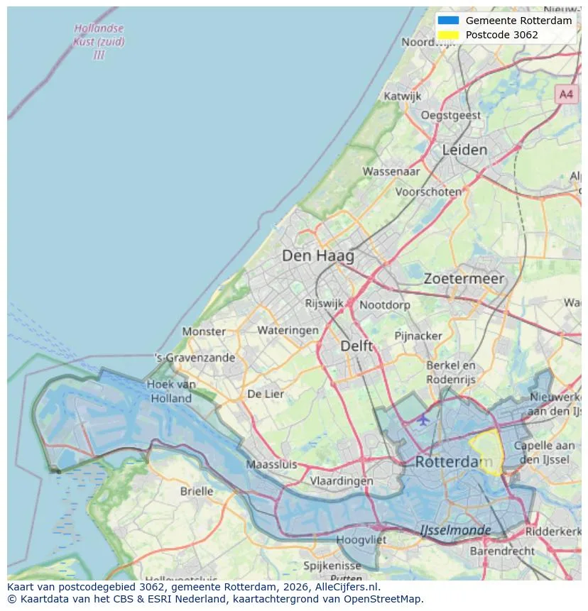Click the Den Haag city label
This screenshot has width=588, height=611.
(x=317, y=255)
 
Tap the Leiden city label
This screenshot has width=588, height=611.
(x=464, y=150)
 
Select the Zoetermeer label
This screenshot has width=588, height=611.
(x=464, y=279)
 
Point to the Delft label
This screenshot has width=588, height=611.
(x=356, y=346)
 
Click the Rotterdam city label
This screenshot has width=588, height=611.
(x=452, y=462)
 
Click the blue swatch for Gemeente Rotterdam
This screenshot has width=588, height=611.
(x=449, y=21)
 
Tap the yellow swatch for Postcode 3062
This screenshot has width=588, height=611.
(x=449, y=35)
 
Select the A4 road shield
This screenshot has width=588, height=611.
(x=566, y=94)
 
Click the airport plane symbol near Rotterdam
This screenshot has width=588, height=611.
(x=423, y=419)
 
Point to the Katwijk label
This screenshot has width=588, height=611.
(x=403, y=96)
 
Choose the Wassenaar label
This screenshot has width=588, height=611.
(x=391, y=171)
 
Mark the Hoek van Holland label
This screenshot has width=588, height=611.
(x=171, y=391)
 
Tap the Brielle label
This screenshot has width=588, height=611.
(x=197, y=491)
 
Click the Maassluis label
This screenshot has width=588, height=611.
(x=271, y=465)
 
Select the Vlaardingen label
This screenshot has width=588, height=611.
(x=342, y=480)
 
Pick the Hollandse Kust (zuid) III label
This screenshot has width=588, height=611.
(x=99, y=42)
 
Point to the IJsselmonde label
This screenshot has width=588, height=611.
(x=455, y=530)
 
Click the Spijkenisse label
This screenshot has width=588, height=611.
(x=332, y=566)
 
